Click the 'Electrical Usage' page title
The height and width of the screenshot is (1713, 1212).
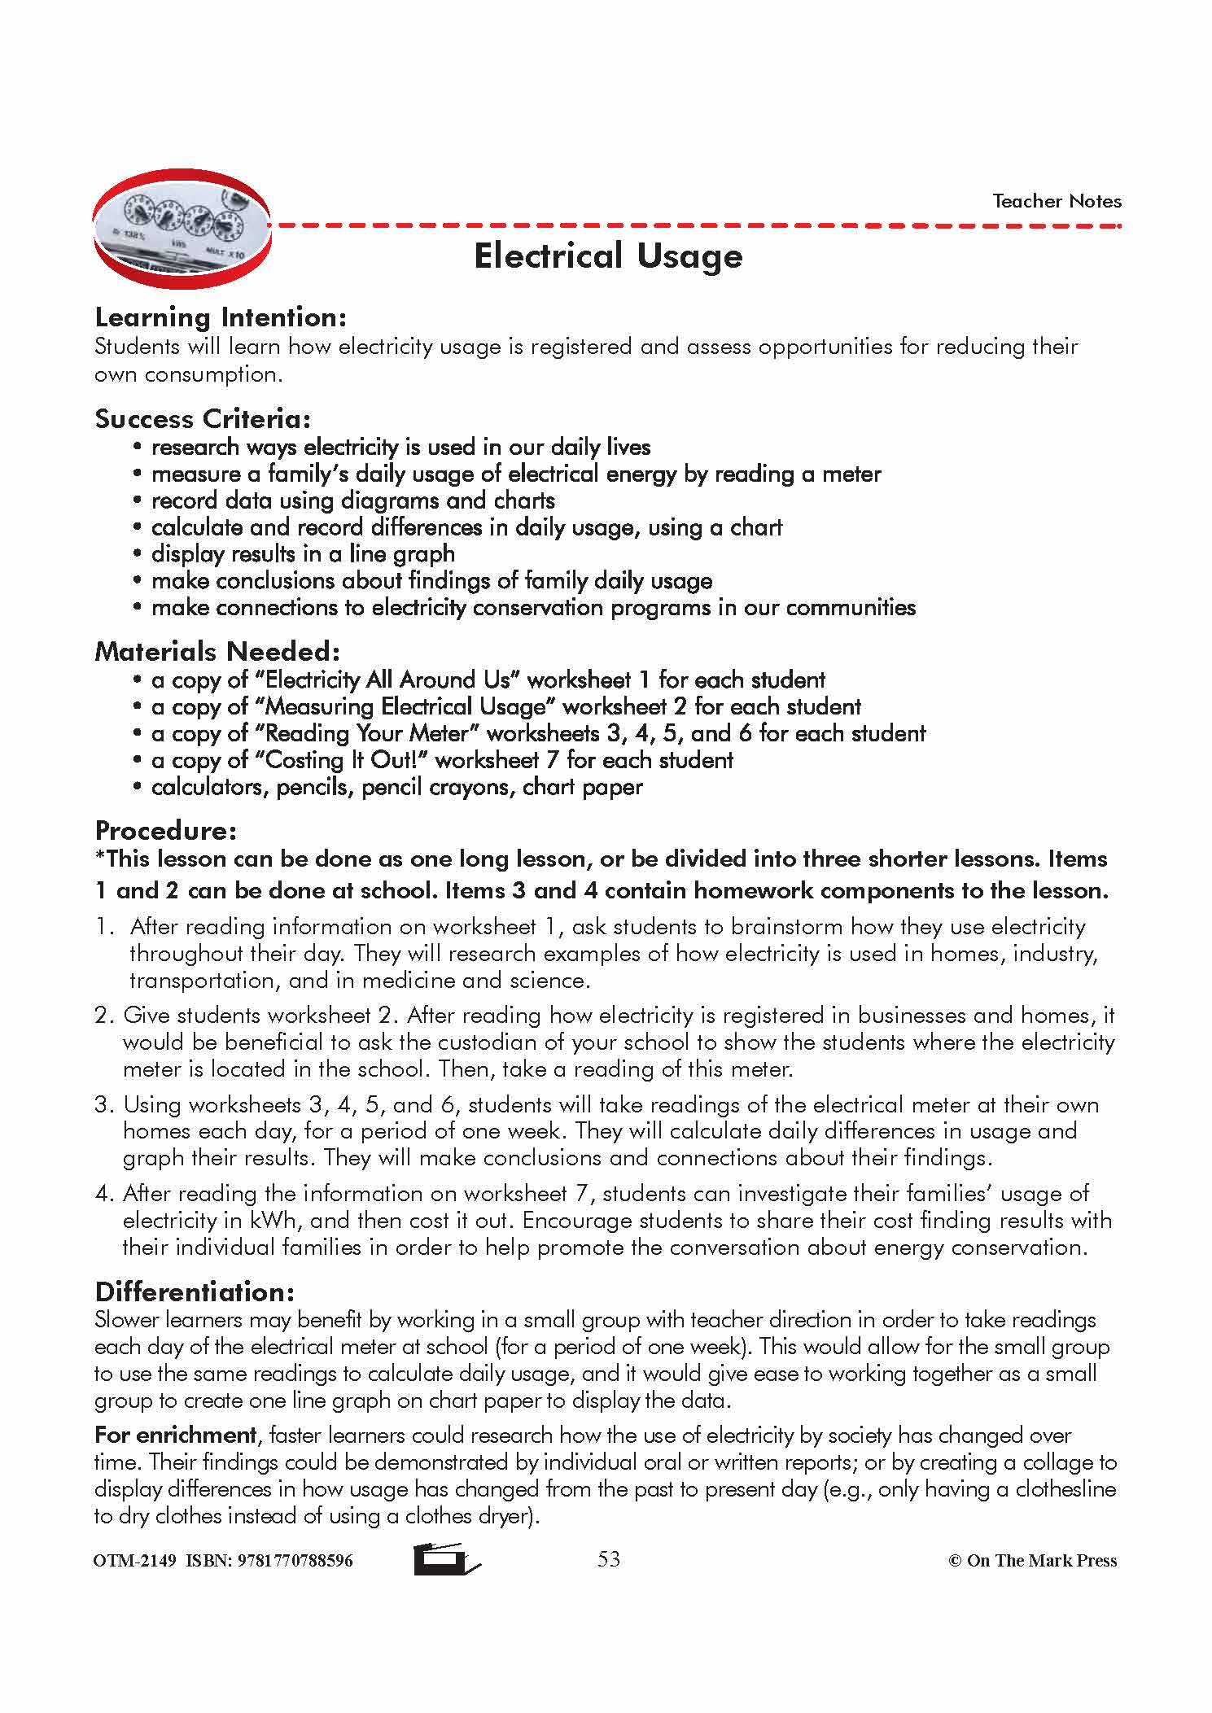point(608,256)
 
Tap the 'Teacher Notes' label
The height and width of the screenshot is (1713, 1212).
point(1057,201)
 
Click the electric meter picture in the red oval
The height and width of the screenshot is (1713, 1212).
point(182,230)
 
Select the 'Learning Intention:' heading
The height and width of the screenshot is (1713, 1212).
point(221,317)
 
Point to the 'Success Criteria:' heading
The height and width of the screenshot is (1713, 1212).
point(203,419)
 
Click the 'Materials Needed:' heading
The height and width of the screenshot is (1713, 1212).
point(217,652)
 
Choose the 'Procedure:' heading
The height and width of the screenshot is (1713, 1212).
point(166,831)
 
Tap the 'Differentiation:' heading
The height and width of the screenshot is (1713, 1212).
point(195,1292)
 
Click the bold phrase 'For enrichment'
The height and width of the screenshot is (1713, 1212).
point(176,1435)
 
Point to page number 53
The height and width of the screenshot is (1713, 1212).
point(609,1558)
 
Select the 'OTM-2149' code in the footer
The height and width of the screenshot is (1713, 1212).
point(135,1561)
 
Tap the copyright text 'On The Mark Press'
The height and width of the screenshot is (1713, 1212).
point(1041,1561)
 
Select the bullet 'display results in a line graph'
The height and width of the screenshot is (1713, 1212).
point(303,554)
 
